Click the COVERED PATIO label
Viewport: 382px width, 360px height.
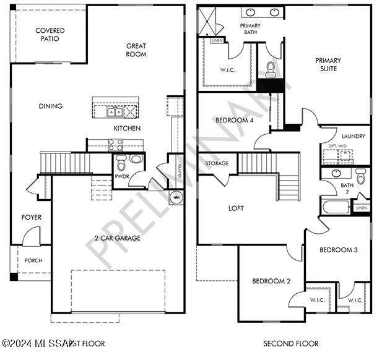coord(50,34)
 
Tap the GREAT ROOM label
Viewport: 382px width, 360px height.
coord(136,50)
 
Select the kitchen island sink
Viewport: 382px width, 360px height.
coord(114,111)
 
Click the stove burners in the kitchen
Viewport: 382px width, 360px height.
coord(116,145)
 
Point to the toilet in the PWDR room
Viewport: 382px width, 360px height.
coord(121,163)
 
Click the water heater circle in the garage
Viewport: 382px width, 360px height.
coord(176,198)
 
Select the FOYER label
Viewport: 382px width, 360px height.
coord(32,217)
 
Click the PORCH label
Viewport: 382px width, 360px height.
coord(33,260)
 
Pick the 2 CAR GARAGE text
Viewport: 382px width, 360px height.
coord(118,238)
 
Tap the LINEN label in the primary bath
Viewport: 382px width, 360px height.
coord(217,41)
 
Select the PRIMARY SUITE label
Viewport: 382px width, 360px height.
coord(328,64)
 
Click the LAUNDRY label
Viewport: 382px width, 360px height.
coord(353,136)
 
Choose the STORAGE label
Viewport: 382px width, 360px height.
coord(217,163)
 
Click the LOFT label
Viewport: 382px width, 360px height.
coord(236,208)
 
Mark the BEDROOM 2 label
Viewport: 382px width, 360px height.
coord(271,281)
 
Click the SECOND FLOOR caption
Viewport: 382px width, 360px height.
coord(290,343)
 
